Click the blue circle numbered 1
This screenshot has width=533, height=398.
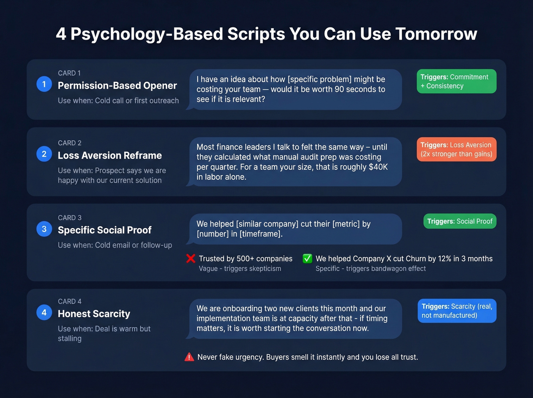coord(44,84)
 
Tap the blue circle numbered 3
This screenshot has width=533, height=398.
coord(44,229)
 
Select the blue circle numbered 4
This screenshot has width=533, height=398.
coord(44,313)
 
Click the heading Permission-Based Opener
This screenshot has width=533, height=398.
coord(117,86)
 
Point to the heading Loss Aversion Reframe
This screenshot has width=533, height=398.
coord(110,155)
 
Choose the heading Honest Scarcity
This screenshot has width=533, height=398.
coord(94,314)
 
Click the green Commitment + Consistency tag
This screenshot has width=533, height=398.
coord(456,81)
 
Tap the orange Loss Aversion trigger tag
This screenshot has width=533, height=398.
coord(456,149)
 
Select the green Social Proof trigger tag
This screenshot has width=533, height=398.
coord(460,221)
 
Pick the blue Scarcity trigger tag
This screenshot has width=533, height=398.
coord(457,311)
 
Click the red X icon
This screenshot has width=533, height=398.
coord(191,259)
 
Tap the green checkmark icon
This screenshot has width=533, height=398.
coord(307,259)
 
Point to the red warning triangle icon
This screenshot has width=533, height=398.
coord(189,357)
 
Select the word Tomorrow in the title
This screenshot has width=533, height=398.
coord(436,34)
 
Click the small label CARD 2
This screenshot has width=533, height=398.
coord(70,143)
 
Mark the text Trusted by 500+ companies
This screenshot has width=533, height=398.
coord(246,259)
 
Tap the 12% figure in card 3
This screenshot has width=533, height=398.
coord(444,259)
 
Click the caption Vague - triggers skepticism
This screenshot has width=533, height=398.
coord(240,269)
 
